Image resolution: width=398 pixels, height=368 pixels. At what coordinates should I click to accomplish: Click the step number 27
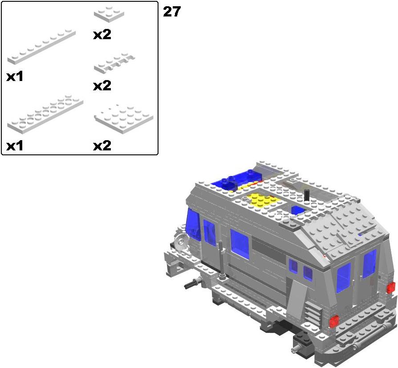pos(172,12)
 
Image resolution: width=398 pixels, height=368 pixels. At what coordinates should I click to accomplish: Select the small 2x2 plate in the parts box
pos(109,13)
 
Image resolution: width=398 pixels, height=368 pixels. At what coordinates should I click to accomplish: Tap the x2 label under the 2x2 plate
pos(102,34)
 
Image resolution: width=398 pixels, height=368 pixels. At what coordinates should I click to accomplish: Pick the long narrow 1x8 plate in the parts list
pos(42,47)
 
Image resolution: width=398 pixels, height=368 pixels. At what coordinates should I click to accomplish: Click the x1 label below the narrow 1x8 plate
pos(15,76)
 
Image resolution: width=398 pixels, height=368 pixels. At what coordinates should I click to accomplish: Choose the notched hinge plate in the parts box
pos(114,63)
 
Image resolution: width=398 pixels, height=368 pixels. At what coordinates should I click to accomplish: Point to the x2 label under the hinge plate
pos(102,86)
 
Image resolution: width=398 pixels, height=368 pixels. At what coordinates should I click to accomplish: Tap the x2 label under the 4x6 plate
pos(102,146)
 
